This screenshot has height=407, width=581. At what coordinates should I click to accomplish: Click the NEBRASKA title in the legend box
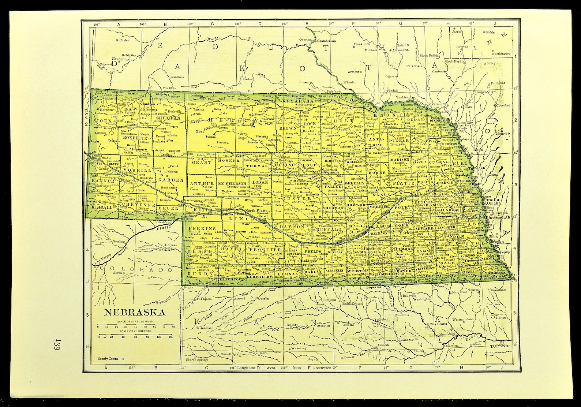point(135,313)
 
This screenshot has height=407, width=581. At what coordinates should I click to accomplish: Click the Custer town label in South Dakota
point(124,40)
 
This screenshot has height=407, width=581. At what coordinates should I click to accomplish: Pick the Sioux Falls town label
point(428,56)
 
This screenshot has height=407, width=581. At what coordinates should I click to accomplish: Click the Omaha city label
point(490,199)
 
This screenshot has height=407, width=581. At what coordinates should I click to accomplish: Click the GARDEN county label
point(171,180)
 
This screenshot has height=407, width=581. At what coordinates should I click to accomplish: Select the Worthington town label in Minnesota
point(501,53)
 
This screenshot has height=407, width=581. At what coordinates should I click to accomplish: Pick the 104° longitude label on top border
point(96,24)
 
